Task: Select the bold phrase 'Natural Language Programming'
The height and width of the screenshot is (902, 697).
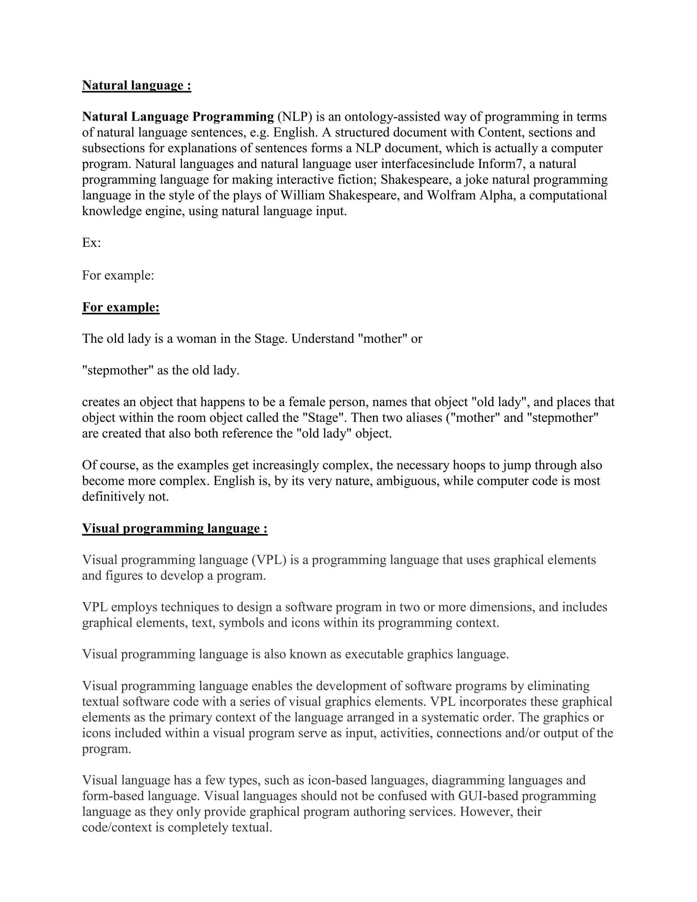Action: click(178, 117)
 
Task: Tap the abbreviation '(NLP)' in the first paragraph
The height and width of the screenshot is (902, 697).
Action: click(295, 117)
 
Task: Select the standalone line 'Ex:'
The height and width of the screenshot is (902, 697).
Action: click(91, 243)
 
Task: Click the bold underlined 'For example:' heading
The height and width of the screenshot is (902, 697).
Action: click(120, 307)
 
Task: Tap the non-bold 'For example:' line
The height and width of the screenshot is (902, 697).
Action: click(118, 275)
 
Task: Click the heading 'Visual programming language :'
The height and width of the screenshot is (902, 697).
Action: click(175, 529)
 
